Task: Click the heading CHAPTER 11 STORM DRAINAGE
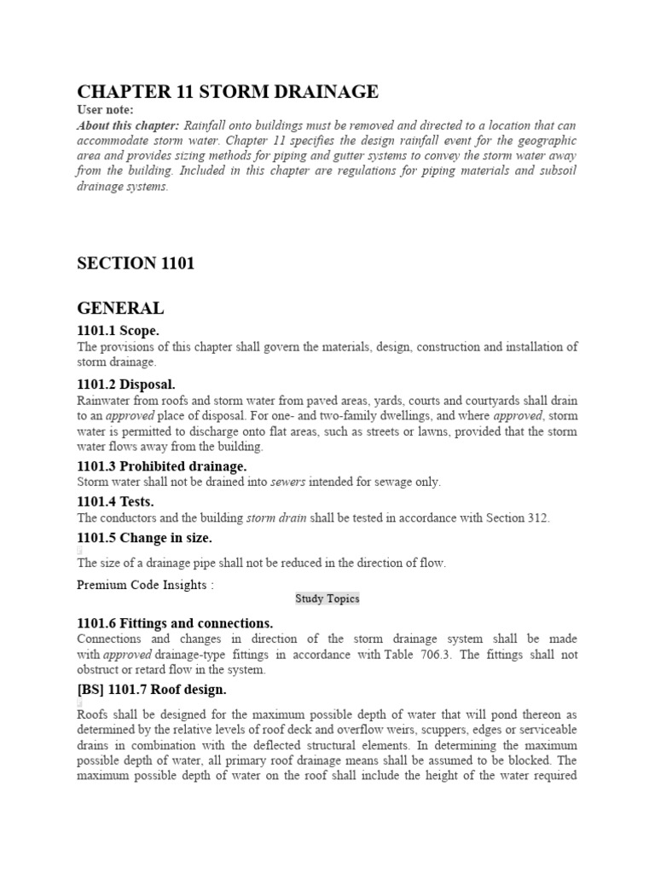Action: [228, 92]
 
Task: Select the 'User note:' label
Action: [105, 110]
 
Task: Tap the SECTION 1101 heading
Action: [136, 263]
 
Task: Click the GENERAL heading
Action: [120, 308]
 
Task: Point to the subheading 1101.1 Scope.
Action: [118, 331]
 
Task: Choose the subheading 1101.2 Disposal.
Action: [126, 384]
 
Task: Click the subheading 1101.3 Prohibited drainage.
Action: [161, 466]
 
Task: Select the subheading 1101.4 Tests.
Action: [115, 502]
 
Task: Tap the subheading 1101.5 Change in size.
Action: [144, 538]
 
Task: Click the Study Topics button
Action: [327, 598]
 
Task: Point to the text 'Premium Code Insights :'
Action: [146, 585]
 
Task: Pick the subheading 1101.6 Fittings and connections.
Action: [175, 623]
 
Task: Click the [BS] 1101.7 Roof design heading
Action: [152, 689]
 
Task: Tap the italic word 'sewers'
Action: [287, 482]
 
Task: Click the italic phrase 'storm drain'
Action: [272, 517]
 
